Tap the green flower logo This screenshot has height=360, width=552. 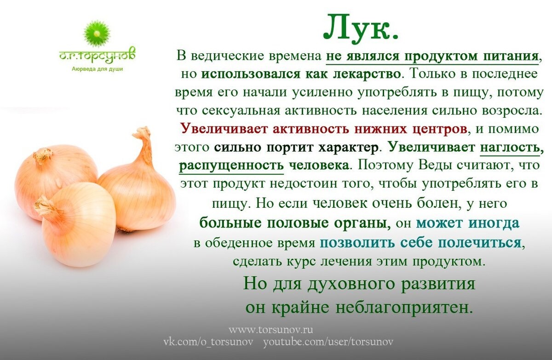point(97,34)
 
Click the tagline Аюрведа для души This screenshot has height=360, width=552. point(97,69)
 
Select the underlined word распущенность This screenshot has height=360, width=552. point(231,166)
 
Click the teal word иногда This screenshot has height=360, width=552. point(494,223)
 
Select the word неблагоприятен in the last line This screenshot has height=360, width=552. point(405,308)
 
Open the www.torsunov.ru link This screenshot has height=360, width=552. point(271,330)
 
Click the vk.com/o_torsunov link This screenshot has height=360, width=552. point(208,342)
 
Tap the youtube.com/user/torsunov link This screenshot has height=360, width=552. point(328,342)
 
